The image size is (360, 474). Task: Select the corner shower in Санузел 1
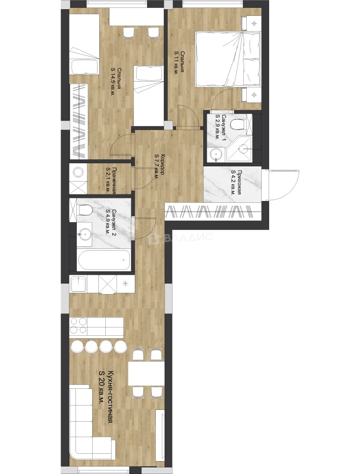click(x=240, y=149)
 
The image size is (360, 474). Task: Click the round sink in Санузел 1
click(x=216, y=154)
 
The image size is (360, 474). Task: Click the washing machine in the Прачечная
click(x=78, y=172)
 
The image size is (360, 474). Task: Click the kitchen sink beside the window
click(x=79, y=284)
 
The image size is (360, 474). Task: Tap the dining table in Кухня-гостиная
click(x=140, y=373)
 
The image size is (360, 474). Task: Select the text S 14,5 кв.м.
click(x=113, y=82)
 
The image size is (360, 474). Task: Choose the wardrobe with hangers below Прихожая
click(x=212, y=211)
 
